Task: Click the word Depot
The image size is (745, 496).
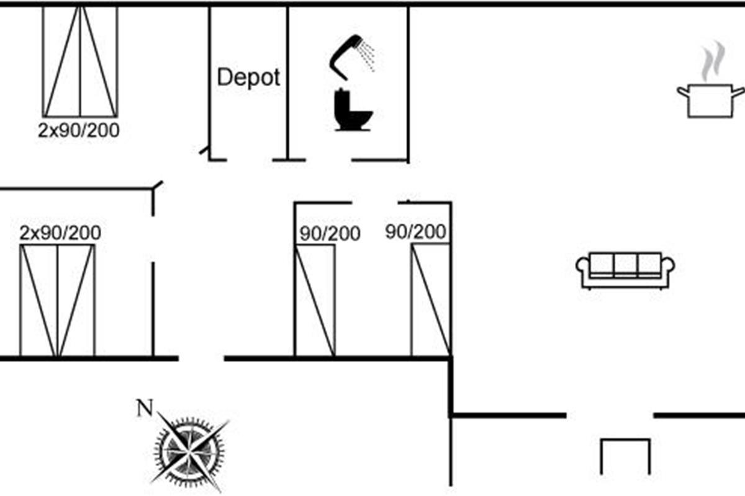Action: tap(248, 77)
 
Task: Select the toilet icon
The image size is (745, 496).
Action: tap(353, 110)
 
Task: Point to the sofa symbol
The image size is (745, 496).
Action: tap(625, 270)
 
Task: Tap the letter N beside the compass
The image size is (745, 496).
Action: tap(145, 408)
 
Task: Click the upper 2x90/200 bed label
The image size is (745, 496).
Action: tap(79, 131)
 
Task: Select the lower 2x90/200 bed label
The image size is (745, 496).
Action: tap(60, 233)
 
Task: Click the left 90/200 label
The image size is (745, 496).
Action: tap(330, 234)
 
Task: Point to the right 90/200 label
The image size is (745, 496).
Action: tap(415, 232)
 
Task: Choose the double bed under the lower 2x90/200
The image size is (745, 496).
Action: tap(57, 301)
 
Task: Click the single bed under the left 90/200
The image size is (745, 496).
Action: tap(315, 301)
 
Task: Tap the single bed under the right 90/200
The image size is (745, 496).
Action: tap(430, 300)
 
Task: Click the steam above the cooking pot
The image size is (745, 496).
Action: tap(710, 62)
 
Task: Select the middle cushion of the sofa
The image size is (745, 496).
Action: tap(625, 265)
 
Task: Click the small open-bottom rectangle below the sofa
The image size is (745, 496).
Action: tap(625, 456)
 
